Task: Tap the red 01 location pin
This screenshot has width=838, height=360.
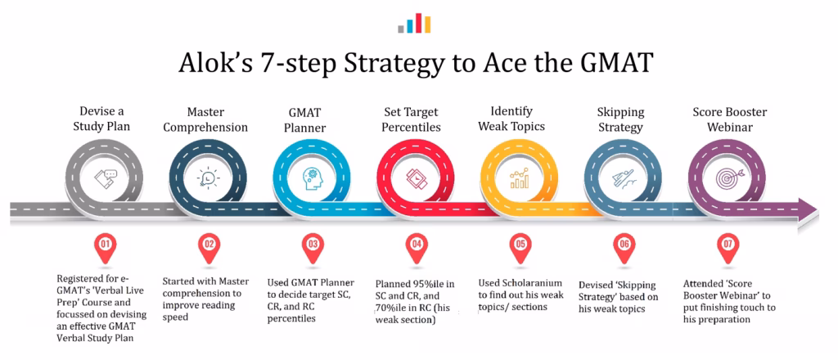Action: tap(103, 245)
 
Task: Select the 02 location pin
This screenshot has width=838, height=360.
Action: tap(209, 245)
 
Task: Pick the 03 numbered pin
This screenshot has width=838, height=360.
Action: tap(313, 245)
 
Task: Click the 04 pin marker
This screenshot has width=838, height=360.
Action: tap(417, 245)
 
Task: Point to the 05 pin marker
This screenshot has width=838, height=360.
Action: tap(520, 245)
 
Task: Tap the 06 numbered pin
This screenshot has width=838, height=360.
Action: tap(624, 245)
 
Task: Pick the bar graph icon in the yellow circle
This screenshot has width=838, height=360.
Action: tap(520, 178)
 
